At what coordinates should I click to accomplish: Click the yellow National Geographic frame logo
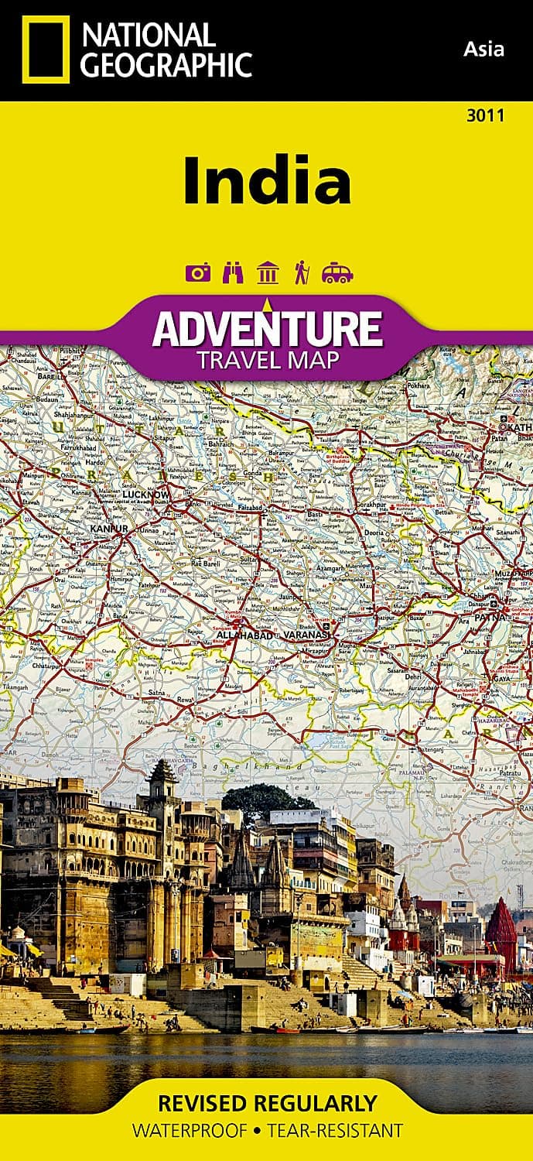[46, 49]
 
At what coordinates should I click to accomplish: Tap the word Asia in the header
[483, 50]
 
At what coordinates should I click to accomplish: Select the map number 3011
[486, 116]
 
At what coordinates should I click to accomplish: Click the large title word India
[267, 182]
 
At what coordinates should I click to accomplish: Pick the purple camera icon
[196, 272]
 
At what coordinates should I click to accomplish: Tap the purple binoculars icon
[232, 272]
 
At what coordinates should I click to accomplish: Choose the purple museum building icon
[268, 272]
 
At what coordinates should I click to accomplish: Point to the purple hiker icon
[302, 272]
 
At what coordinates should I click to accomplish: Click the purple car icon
[337, 272]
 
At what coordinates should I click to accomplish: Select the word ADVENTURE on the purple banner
[267, 328]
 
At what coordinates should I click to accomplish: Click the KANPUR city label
[108, 528]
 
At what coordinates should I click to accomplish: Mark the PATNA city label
[492, 618]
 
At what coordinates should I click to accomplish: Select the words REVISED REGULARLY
[267, 1103]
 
